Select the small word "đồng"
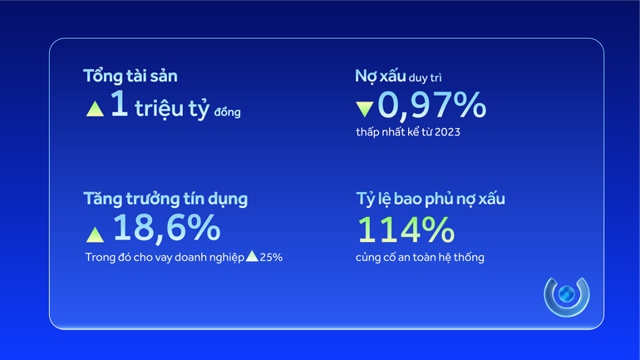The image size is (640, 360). coord(227,112)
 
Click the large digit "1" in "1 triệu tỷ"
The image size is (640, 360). coord(119,106)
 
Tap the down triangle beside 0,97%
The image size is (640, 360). coord(364,109)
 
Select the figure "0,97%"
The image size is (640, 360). coord(431,106)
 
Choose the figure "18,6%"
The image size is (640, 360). coord(166,228)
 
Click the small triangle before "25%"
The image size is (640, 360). coord(251,256)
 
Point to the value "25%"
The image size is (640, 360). coord(272,257)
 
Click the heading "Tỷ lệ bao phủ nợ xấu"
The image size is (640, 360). coord(430,200)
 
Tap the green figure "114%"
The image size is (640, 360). coord(406,229)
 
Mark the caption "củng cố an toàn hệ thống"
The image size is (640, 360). coord(419,257)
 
